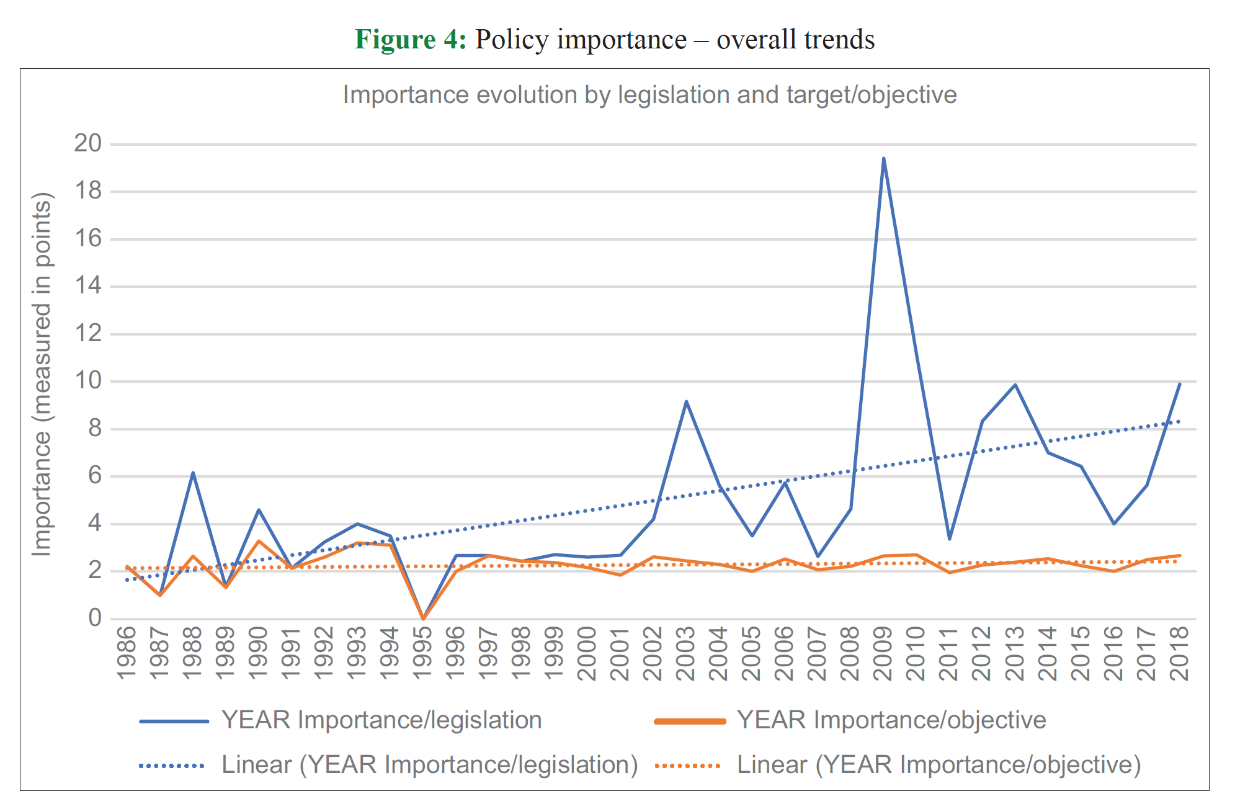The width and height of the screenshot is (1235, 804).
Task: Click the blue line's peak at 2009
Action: pyautogui.click(x=883, y=158)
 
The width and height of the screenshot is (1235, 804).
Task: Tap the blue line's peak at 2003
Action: pyautogui.click(x=686, y=401)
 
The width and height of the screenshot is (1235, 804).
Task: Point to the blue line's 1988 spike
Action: pyautogui.click(x=193, y=473)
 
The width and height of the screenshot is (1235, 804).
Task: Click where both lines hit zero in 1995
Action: pyautogui.click(x=423, y=619)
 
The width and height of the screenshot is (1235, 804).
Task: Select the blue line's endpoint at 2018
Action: pyautogui.click(x=1179, y=384)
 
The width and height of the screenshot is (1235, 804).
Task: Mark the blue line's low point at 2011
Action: pyautogui.click(x=949, y=538)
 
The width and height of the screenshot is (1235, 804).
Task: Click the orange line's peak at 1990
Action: pyautogui.click(x=259, y=541)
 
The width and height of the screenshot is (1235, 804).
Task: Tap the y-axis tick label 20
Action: pyautogui.click(x=87, y=143)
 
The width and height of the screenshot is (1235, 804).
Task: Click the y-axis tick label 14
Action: pyautogui.click(x=87, y=285)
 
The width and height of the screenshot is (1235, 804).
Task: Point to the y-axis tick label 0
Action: pyautogui.click(x=94, y=618)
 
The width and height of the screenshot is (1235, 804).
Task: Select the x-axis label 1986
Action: pyautogui.click(x=127, y=653)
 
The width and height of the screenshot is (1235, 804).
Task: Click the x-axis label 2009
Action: pyautogui.click(x=883, y=653)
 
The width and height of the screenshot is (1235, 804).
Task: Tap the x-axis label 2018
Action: pyautogui.click(x=1179, y=653)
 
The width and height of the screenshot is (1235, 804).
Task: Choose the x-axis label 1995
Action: pyautogui.click(x=422, y=653)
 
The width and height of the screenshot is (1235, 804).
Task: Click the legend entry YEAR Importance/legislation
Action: pyautogui.click(x=381, y=720)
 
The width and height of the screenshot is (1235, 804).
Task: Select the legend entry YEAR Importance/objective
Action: pyautogui.click(x=891, y=720)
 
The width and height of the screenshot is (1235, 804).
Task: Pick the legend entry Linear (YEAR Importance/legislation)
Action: pyautogui.click(x=430, y=765)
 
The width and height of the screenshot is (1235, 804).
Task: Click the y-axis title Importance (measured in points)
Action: pyautogui.click(x=42, y=375)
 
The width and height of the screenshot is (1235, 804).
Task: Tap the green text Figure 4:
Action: pyautogui.click(x=410, y=40)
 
